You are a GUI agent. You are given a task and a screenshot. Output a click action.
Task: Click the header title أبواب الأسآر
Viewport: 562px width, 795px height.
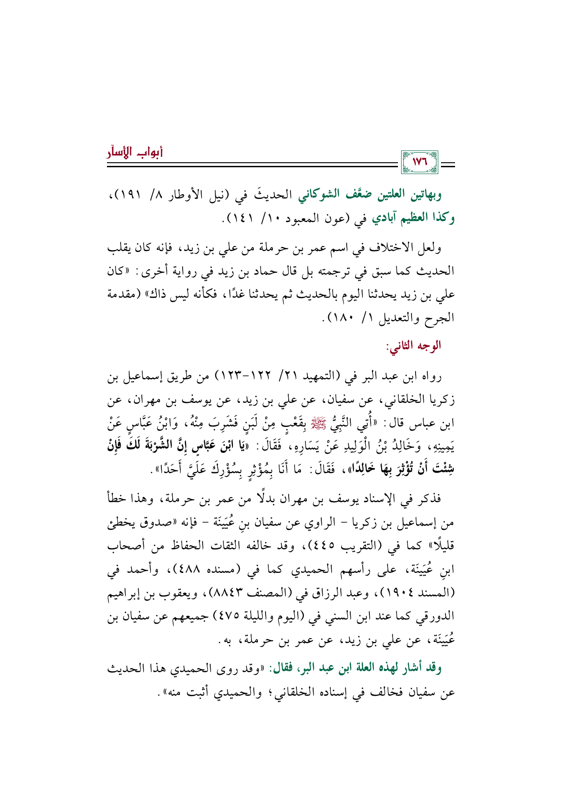(135, 152)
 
